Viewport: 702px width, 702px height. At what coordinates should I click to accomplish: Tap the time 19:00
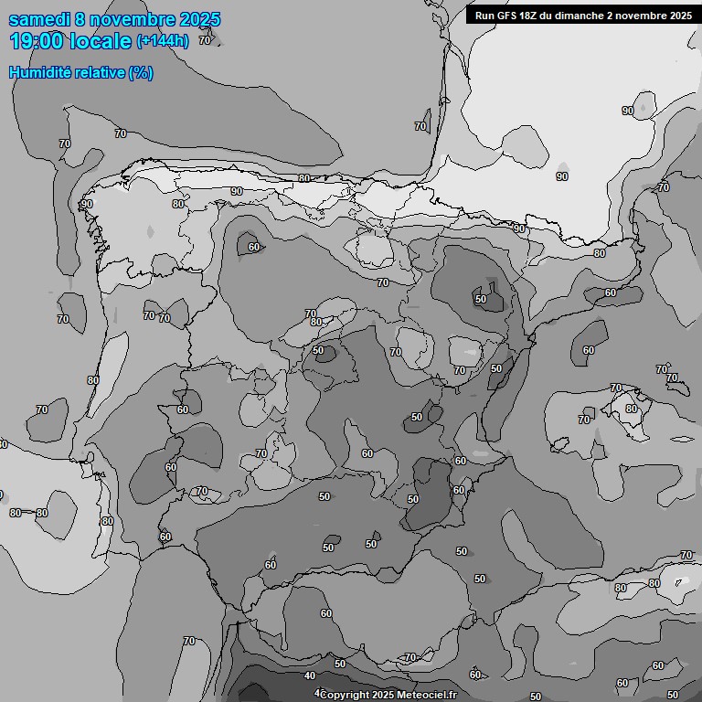tap(37, 41)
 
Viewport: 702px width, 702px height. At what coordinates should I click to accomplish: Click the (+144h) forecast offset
tap(162, 41)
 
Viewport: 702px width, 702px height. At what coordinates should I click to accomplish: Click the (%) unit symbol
tap(141, 72)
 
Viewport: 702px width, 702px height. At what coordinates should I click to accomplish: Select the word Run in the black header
tap(484, 15)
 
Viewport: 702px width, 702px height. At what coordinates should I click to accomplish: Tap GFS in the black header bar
tap(508, 15)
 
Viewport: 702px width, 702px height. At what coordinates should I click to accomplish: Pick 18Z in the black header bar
tap(534, 15)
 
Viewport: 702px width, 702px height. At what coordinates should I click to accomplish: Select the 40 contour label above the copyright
tap(310, 676)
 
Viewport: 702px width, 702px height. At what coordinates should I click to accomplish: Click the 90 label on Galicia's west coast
tap(87, 204)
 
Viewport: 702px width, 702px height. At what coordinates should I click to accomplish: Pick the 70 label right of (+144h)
tap(204, 40)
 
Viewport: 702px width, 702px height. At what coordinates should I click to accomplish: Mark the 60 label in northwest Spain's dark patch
tap(253, 247)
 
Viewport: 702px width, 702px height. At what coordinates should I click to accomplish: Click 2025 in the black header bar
tap(678, 15)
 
